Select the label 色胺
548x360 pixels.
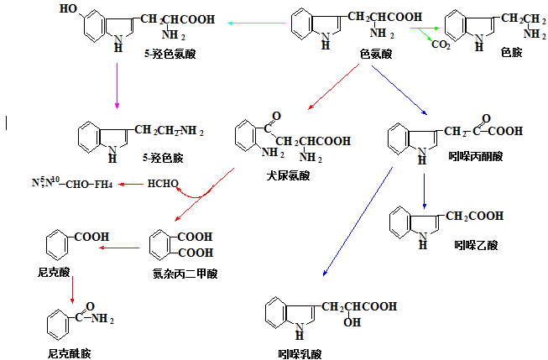coord(511,51)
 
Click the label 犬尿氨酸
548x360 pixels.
coord(287,175)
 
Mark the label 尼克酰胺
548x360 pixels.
coord(69,353)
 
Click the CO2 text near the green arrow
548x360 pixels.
coord(441,44)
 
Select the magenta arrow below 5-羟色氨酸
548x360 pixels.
coord(117,87)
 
